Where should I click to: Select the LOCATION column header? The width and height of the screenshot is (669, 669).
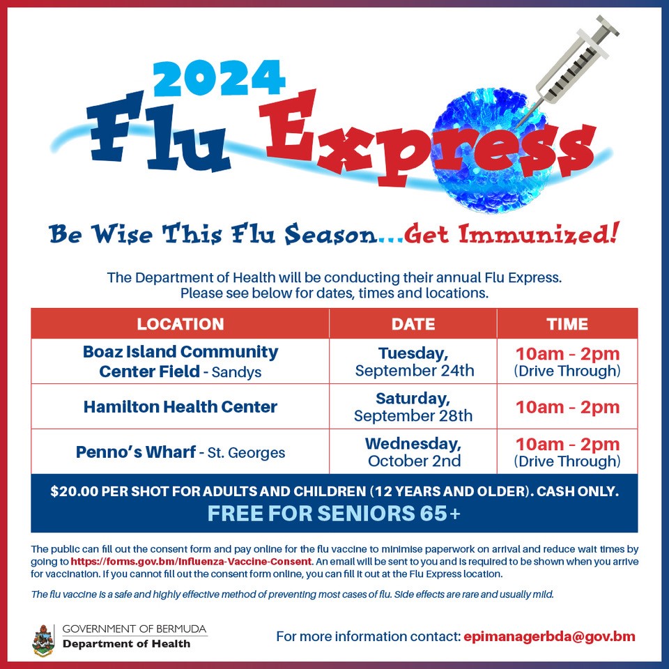click(x=180, y=324)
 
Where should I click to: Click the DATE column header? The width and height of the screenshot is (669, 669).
click(x=413, y=324)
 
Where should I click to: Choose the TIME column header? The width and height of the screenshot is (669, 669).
click(x=567, y=324)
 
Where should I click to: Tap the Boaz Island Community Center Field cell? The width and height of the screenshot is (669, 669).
click(x=180, y=361)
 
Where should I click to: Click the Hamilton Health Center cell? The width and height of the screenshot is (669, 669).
click(x=180, y=406)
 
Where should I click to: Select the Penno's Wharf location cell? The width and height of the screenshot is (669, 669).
click(x=180, y=452)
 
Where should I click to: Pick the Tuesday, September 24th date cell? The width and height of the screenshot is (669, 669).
click(x=414, y=361)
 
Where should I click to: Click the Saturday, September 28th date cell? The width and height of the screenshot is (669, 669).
click(x=413, y=407)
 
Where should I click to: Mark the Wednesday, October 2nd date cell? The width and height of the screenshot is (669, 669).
click(x=414, y=452)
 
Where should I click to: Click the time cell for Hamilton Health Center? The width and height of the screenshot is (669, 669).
click(x=567, y=407)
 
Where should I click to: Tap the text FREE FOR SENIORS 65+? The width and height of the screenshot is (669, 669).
click(x=334, y=514)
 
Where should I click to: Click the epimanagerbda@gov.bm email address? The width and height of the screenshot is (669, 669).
click(x=549, y=636)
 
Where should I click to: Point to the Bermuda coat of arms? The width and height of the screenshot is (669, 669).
click(x=43, y=640)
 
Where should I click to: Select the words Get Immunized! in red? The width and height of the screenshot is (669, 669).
click(x=511, y=235)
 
